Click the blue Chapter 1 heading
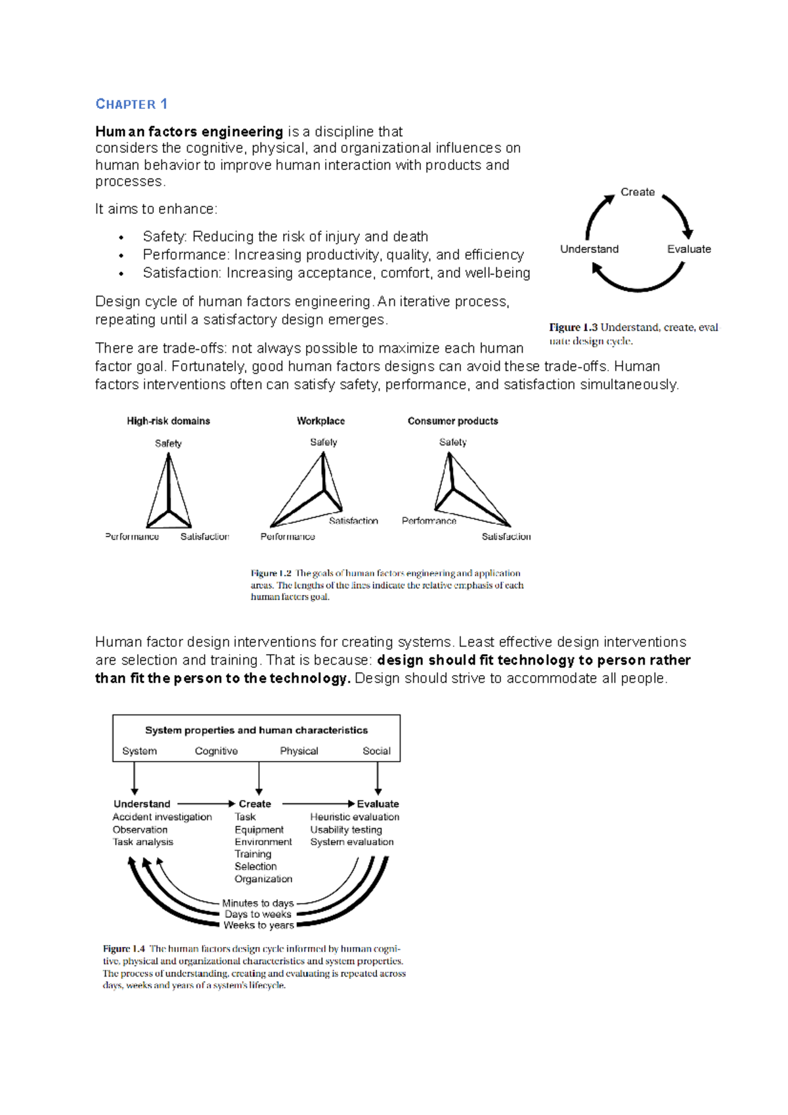pos(131,104)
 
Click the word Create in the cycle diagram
pos(637,192)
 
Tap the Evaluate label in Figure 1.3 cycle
pos(689,249)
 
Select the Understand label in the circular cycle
pos(589,249)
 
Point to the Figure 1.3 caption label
pos(573,327)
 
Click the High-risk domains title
pos(168,421)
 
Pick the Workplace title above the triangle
pos(320,421)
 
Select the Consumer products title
pos(452,421)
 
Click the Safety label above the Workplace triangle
pos(323,442)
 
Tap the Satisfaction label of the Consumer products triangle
pos(506,536)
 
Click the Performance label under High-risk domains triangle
pos(132,536)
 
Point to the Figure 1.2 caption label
pos(271,573)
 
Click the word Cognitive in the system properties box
pos(216,751)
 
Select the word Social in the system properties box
pos(376,751)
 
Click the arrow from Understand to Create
pos(205,803)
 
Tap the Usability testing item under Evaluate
pos(346,829)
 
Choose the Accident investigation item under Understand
pos(162,817)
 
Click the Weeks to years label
pos(258,925)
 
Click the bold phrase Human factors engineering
pos(188,131)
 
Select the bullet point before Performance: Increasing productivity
pos(121,255)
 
